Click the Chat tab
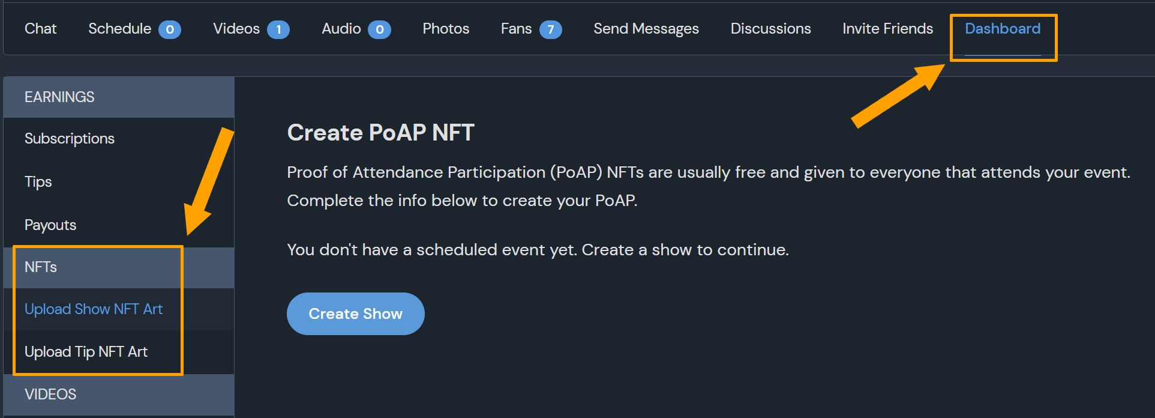tap(40, 29)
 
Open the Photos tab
tap(446, 29)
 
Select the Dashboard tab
tap(1003, 29)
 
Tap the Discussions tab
tap(770, 29)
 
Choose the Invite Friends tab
tap(887, 29)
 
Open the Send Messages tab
tap(646, 29)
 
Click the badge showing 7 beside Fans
tap(550, 29)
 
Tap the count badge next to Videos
tap(278, 29)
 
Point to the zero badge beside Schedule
tap(170, 29)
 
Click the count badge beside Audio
tap(379, 29)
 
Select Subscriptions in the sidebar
tap(70, 139)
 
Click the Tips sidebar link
tap(38, 182)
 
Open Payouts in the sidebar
tap(50, 225)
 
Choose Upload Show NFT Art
tap(94, 309)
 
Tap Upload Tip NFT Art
tap(86, 352)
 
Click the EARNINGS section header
tap(59, 97)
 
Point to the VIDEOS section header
tap(50, 395)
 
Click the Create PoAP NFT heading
tap(381, 133)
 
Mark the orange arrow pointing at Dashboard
tap(898, 95)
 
